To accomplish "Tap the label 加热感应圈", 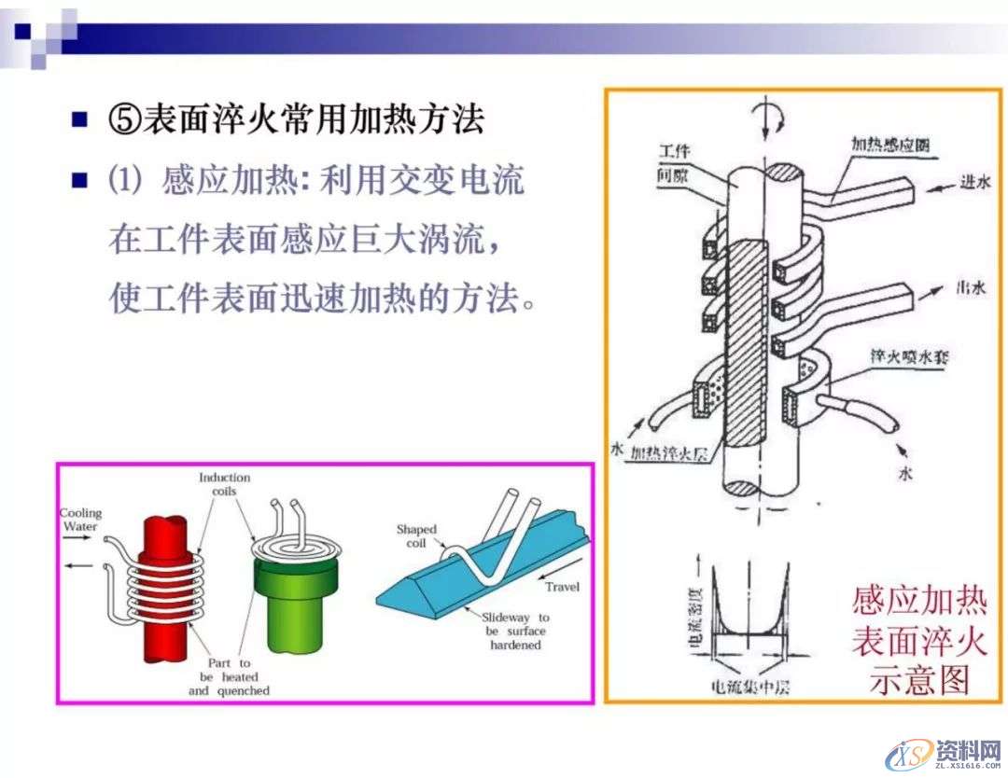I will point(889,146).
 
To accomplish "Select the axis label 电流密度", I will point(693,615).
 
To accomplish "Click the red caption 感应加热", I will point(919,599).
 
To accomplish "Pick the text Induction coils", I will point(224,485).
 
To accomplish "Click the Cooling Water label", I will point(81,520).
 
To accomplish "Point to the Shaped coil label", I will point(415,536).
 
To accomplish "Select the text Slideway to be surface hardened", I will point(517,631).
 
